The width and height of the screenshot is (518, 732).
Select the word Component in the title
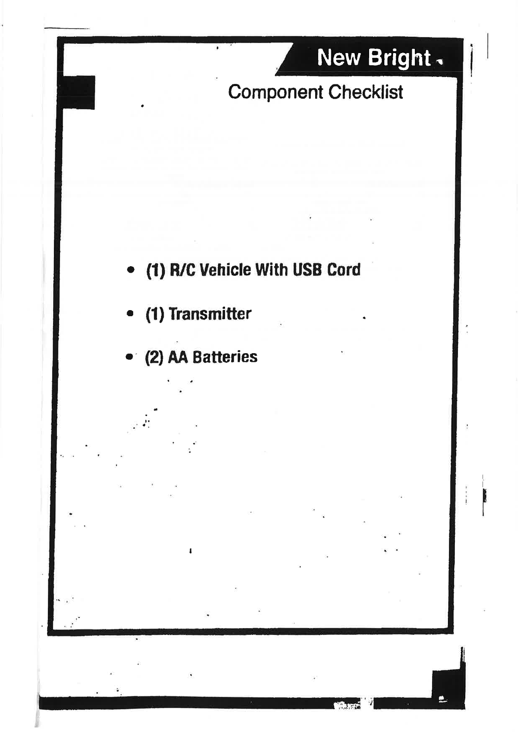click(x=276, y=92)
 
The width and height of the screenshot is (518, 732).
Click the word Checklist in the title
click(x=366, y=92)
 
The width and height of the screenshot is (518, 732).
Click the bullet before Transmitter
click(x=129, y=313)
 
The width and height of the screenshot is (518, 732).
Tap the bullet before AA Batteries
click(x=129, y=357)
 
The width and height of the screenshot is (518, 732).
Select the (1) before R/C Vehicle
click(x=155, y=270)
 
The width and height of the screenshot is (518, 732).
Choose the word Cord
click(x=344, y=270)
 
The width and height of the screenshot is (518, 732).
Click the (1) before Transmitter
click(x=155, y=314)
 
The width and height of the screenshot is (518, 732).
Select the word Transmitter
click(x=210, y=314)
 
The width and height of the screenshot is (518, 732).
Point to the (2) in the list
click(x=154, y=358)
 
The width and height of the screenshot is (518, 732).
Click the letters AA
click(x=177, y=357)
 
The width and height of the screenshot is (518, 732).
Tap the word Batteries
click(x=225, y=357)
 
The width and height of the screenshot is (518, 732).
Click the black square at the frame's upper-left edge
click(x=78, y=92)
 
